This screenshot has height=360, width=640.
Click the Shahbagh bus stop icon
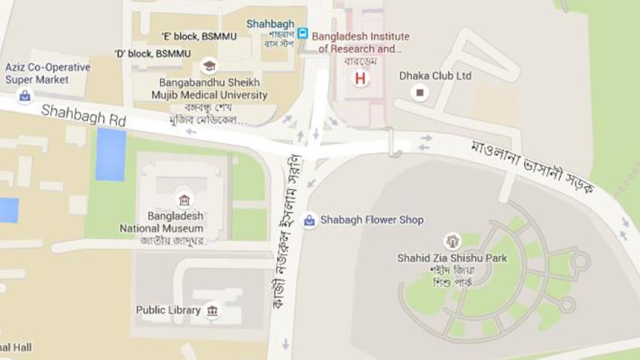point(302,33)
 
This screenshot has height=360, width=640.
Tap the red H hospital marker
point(361,78)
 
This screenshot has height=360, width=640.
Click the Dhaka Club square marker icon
point(420,93)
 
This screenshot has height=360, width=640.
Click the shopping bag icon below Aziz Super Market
point(25,96)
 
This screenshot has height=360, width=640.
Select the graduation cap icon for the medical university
point(209,66)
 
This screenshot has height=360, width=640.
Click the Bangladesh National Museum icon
point(183,200)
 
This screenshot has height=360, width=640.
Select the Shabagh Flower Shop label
point(372,220)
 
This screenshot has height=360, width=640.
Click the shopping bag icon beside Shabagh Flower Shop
point(309,220)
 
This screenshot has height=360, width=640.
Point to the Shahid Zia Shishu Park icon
point(452,240)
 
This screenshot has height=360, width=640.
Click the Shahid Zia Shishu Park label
point(452,258)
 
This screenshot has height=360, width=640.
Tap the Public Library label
point(168,310)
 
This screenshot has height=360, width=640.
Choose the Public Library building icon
point(212,311)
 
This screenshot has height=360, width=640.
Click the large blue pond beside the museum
point(111,154)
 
